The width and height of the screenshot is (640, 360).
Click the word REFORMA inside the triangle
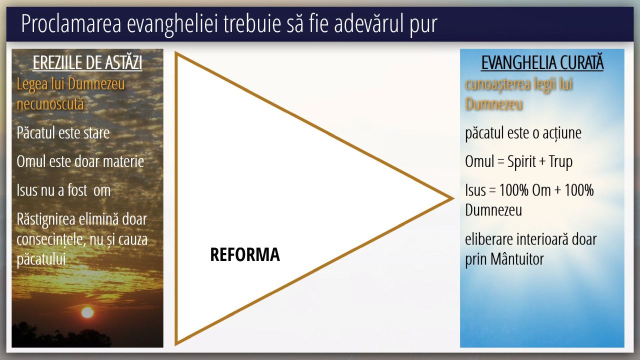point(245,254)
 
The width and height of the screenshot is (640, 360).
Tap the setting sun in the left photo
point(87,312)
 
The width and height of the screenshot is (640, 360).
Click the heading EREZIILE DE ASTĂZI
point(87,62)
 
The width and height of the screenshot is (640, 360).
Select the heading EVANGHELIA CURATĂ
point(542,62)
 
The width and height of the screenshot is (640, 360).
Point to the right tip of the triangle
point(453,198)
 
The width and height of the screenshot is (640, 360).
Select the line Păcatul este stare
point(63,132)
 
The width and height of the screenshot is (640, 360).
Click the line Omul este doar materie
point(80,161)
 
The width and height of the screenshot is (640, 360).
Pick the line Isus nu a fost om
point(63,190)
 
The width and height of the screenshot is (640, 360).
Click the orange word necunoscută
point(50,103)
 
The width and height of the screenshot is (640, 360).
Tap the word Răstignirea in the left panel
point(45,219)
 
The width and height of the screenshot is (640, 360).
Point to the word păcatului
point(41,259)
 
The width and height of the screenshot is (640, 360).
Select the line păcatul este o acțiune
point(523,133)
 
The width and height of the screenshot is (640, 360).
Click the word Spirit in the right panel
point(521,161)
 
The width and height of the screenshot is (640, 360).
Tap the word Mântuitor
point(517,259)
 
